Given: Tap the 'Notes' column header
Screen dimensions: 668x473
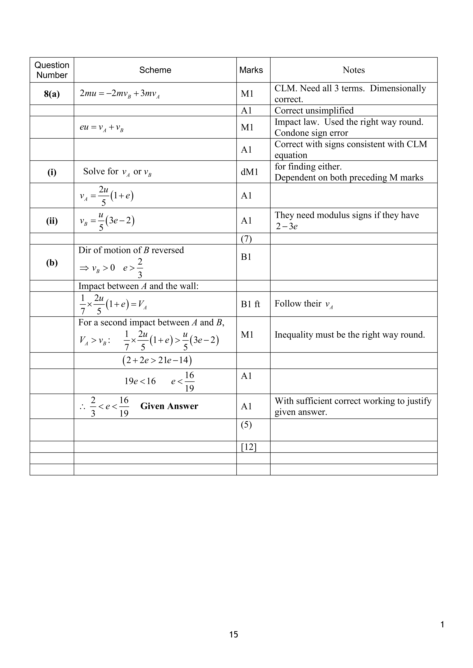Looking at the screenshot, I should (x=354, y=70).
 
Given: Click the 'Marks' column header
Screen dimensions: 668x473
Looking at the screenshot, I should (x=251, y=70).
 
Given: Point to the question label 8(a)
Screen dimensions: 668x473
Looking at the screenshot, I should (x=52, y=94).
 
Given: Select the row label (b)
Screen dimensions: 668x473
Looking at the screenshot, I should (x=52, y=263).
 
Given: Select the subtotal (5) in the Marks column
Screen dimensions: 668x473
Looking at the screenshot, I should (x=246, y=425).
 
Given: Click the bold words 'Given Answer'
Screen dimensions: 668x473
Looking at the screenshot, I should (x=169, y=406).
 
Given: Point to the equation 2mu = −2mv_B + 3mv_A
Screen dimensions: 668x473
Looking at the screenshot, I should (x=120, y=94).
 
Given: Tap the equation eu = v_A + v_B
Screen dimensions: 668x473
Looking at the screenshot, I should (x=102, y=127).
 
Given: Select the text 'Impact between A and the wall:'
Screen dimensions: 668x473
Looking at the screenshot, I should (x=138, y=286).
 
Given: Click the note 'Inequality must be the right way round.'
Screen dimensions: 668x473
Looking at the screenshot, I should (x=349, y=335).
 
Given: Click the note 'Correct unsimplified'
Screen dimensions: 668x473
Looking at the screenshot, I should (x=314, y=111).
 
